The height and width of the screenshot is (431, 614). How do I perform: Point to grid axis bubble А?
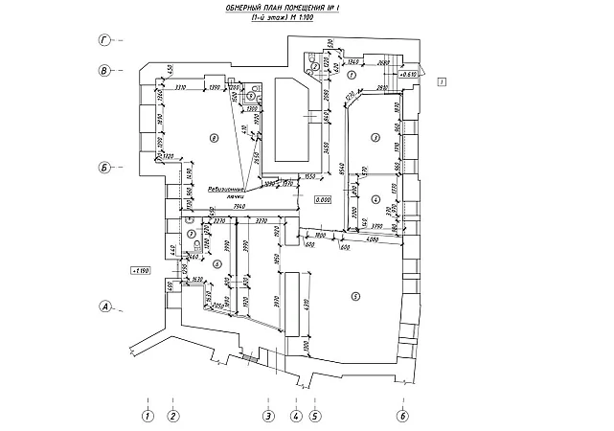pyautogui.click(x=106, y=307)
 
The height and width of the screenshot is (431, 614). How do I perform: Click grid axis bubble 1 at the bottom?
pyautogui.click(x=147, y=416)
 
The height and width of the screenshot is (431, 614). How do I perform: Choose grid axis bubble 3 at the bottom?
pyautogui.click(x=269, y=416)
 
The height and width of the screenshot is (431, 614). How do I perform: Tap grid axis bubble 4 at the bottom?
pyautogui.click(x=296, y=416)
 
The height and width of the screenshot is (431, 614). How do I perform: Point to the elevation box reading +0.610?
pyautogui.click(x=409, y=74)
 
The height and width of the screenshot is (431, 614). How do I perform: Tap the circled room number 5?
pyautogui.click(x=355, y=296)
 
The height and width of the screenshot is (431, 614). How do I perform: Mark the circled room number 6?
pyautogui.click(x=217, y=264)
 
